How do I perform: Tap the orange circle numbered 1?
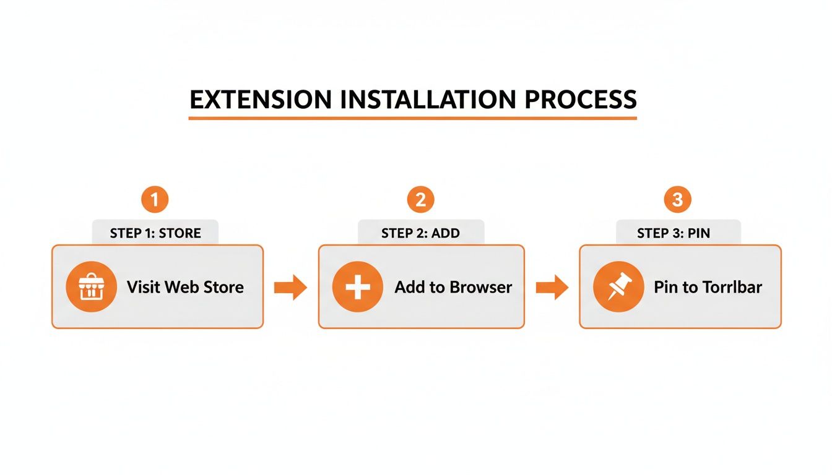pyautogui.click(x=155, y=200)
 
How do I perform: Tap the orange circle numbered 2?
pyautogui.click(x=420, y=200)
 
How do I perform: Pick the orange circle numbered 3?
pyautogui.click(x=677, y=200)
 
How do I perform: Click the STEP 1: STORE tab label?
pyautogui.click(x=155, y=233)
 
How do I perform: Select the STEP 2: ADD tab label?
pyautogui.click(x=421, y=233)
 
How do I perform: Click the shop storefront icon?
pyautogui.click(x=91, y=286)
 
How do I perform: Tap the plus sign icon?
pyautogui.click(x=357, y=287)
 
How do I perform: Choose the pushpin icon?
pyautogui.click(x=618, y=287)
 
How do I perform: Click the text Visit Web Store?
pyautogui.click(x=185, y=287)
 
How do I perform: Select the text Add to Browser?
pyautogui.click(x=453, y=287)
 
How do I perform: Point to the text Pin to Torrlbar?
pyautogui.click(x=708, y=287)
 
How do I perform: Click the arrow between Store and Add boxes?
pyautogui.click(x=290, y=287)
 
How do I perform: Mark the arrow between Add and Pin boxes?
pyautogui.click(x=552, y=287)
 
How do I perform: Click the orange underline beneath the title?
pyautogui.click(x=412, y=117)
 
